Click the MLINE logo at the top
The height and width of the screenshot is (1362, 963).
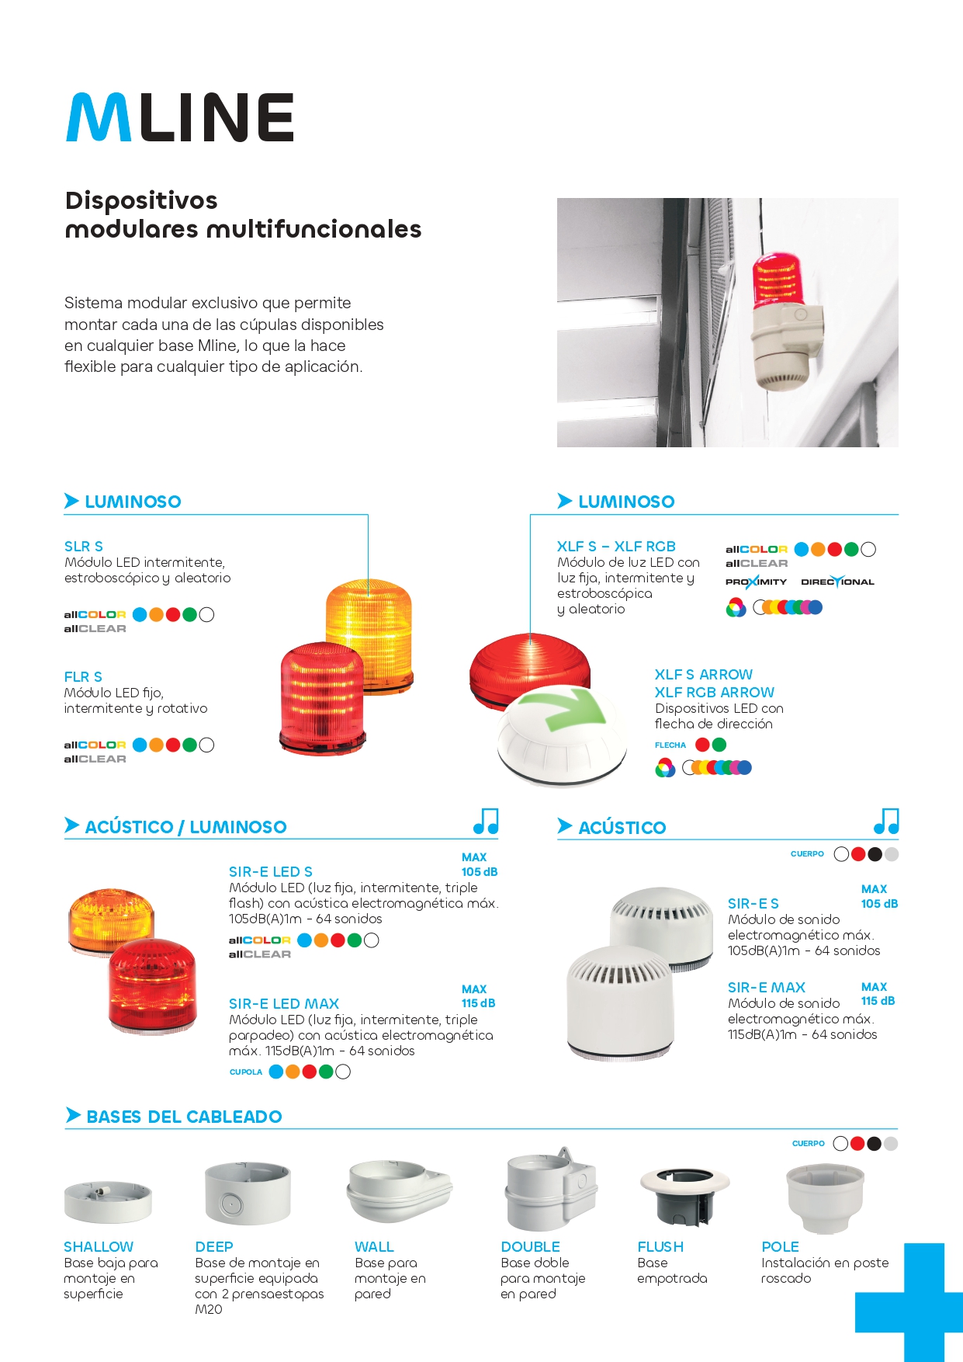[x=180, y=118]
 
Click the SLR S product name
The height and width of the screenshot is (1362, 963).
[x=84, y=547]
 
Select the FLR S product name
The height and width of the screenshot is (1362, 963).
[x=83, y=677]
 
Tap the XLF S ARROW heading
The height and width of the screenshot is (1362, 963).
[x=703, y=675]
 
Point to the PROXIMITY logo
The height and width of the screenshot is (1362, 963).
[x=756, y=582]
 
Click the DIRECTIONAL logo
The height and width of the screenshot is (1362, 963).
[x=837, y=582]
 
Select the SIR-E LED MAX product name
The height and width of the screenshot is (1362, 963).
[x=284, y=1004]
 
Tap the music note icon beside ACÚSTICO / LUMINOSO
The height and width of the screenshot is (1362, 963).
[x=486, y=821]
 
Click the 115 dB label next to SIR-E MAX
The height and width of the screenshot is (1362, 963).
[x=878, y=1001]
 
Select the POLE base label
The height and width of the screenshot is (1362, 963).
[x=780, y=1246]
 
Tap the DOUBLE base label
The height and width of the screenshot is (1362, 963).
[x=530, y=1246]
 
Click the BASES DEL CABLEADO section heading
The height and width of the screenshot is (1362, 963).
[x=184, y=1117]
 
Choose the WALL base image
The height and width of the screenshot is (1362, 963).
[x=398, y=1191]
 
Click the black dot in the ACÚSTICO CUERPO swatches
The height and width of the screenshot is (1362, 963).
[x=875, y=854]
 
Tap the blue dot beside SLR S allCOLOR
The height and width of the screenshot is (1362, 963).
[x=140, y=615]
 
